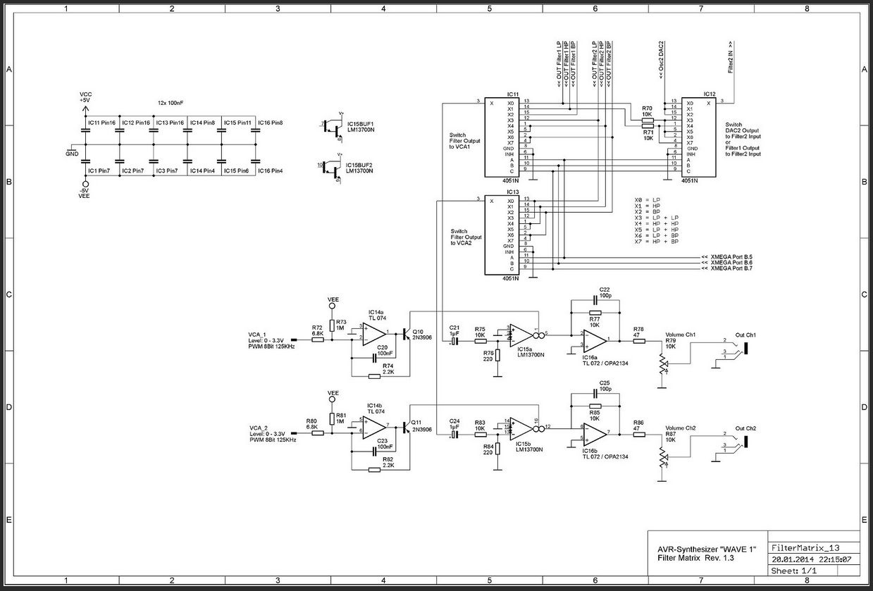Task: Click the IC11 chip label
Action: (512, 94)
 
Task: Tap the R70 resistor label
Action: (647, 108)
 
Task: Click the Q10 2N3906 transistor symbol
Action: (406, 335)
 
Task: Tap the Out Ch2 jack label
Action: (745, 428)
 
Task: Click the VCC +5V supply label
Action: (85, 97)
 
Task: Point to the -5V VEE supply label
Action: (85, 194)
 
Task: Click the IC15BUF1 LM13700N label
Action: (361, 125)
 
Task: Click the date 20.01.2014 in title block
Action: (792, 559)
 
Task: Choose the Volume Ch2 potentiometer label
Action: (681, 428)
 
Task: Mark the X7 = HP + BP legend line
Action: (656, 242)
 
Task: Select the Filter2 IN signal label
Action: (731, 58)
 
